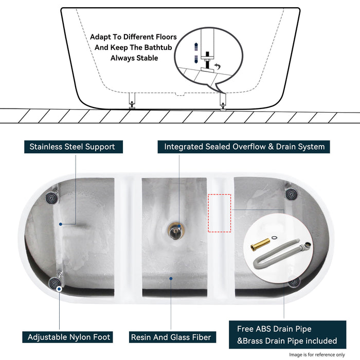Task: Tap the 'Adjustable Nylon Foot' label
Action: click(69, 337)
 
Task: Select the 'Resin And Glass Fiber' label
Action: click(171, 337)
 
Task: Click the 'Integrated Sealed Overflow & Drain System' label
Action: click(244, 147)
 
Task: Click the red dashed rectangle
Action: click(220, 213)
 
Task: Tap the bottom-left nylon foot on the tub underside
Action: click(55, 282)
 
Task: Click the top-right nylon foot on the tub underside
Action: click(291, 194)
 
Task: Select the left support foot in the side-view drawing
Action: click(132, 101)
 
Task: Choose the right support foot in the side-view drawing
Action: click(222, 101)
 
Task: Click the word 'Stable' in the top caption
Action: click(146, 58)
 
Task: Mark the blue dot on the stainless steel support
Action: click(60, 224)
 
